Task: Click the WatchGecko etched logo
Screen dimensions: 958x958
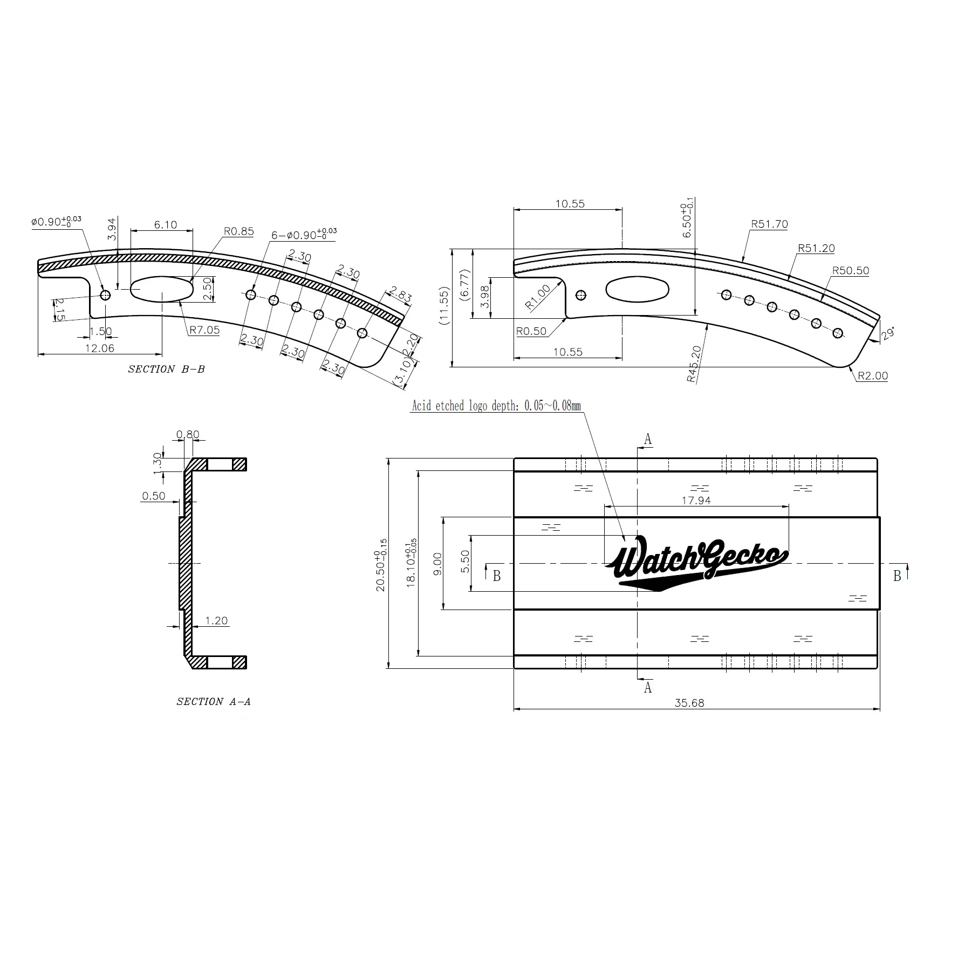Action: click(696, 564)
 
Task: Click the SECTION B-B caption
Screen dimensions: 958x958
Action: click(166, 369)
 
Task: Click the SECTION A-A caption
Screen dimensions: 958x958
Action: click(214, 702)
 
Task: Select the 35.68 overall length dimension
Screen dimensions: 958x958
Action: click(689, 703)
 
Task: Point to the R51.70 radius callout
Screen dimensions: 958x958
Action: click(769, 224)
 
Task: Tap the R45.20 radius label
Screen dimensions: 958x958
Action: click(694, 364)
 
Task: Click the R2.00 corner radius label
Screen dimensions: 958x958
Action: click(872, 376)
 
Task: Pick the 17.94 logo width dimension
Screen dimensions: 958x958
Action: click(696, 501)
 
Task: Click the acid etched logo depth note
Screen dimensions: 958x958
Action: click(496, 406)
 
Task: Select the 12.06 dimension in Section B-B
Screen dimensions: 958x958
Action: click(100, 348)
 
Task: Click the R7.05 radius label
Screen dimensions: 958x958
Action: click(204, 330)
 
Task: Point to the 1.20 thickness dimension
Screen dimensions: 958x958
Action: click(216, 621)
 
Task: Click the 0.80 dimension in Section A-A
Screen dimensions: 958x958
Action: click(188, 435)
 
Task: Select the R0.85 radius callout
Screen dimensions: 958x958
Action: click(238, 231)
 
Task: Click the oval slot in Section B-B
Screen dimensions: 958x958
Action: click(162, 290)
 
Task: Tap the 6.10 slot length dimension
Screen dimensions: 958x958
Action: click(165, 225)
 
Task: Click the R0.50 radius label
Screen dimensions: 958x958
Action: click(531, 331)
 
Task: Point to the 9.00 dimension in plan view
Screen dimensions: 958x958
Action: click(437, 564)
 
